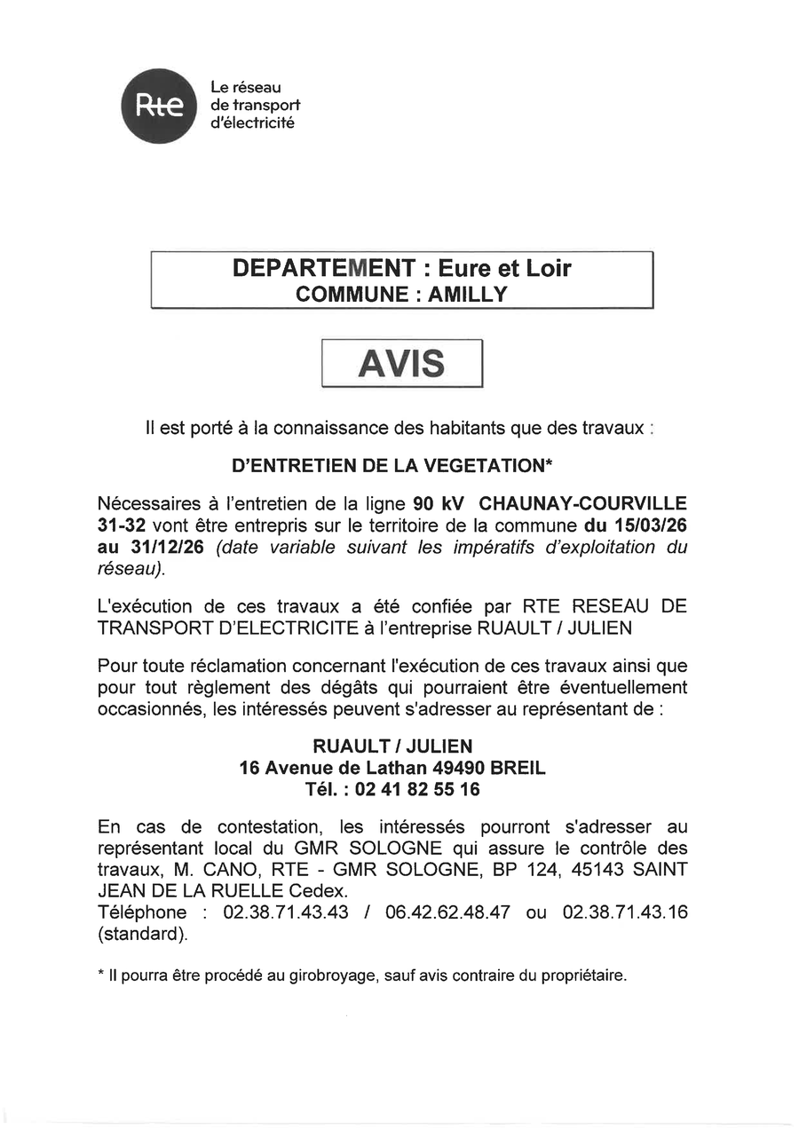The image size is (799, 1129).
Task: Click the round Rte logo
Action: coord(159,106)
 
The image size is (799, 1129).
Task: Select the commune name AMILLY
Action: coord(468,295)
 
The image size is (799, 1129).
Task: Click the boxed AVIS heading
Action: coord(401,363)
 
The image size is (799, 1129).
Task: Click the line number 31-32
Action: coord(122,525)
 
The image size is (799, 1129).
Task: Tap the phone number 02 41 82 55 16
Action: coord(417,788)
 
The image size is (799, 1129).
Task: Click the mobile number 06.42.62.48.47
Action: coord(448,912)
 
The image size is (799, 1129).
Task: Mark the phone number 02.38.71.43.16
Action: coord(625,912)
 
